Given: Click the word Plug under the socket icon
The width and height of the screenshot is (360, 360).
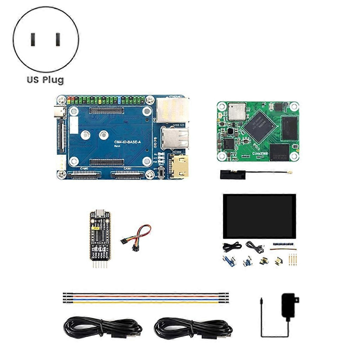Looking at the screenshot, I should pyautogui.click(x=54, y=79).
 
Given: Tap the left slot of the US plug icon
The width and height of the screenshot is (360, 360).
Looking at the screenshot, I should pyautogui.click(x=33, y=40).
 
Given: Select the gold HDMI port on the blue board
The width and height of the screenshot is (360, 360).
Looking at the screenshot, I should pyautogui.click(x=179, y=167).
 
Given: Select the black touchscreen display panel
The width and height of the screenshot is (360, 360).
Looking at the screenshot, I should pyautogui.click(x=259, y=216).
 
